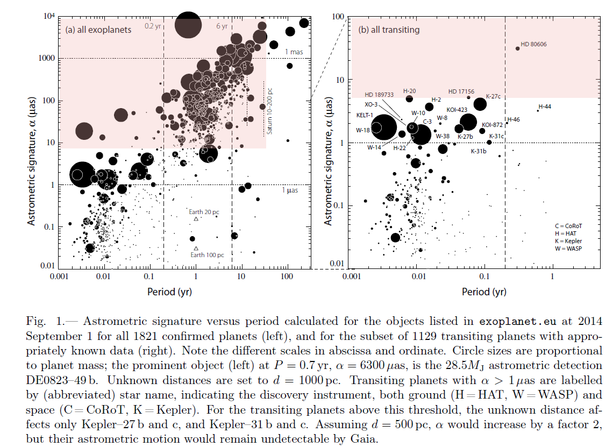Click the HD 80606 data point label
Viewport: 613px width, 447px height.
(534, 44)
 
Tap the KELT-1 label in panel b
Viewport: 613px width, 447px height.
(366, 115)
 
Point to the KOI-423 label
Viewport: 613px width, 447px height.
(457, 110)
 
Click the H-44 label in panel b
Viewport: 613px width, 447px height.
(545, 107)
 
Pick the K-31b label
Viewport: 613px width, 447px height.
(479, 151)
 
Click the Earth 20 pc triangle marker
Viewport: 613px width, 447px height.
(196, 219)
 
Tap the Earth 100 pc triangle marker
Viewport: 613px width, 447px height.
(196, 248)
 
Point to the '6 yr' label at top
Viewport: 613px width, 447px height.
(222, 26)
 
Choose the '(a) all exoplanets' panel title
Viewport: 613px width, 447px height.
(98, 30)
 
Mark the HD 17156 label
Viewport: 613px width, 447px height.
(462, 91)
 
